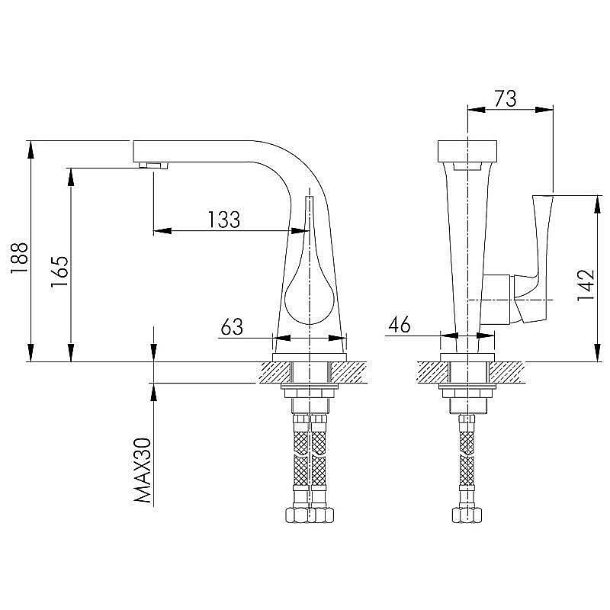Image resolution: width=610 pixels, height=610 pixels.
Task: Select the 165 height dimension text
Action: pyautogui.click(x=59, y=272)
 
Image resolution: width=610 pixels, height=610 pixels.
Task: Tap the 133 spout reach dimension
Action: pyautogui.click(x=224, y=220)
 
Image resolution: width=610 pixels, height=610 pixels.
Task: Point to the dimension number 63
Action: pyautogui.click(x=232, y=327)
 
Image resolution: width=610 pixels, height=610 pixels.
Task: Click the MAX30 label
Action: pyautogui.click(x=142, y=470)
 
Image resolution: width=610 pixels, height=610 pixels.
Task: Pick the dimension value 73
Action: pyautogui.click(x=506, y=98)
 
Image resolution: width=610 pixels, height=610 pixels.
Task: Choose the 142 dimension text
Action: pyautogui.click(x=586, y=285)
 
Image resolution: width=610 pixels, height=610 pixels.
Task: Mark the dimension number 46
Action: pyautogui.click(x=400, y=325)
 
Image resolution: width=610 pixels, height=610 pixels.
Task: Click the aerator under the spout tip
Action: pyautogui.click(x=154, y=165)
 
